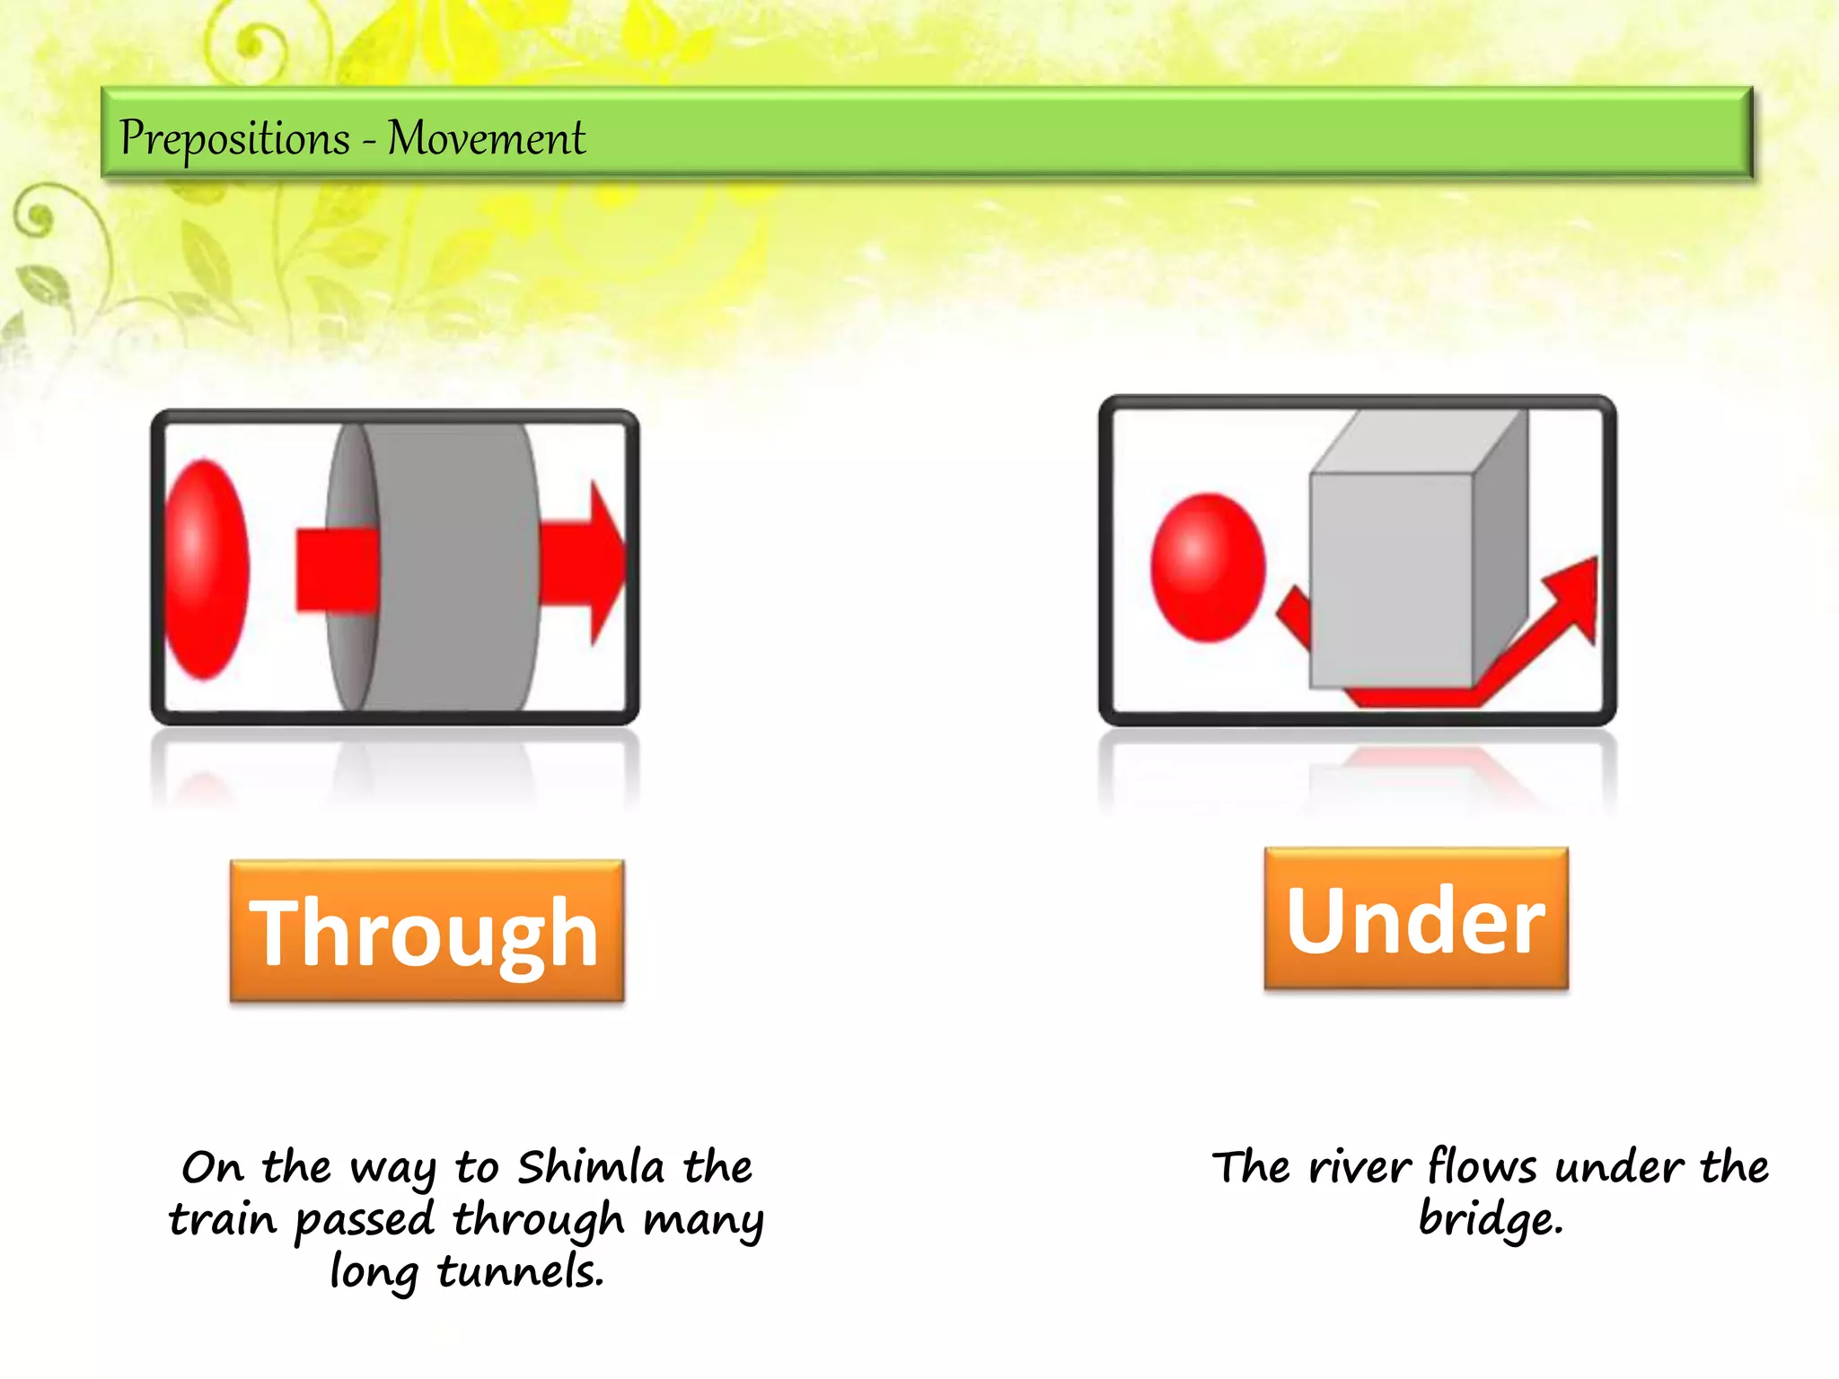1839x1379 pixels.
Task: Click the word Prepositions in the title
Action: click(x=234, y=139)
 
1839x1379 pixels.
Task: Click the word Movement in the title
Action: click(x=486, y=139)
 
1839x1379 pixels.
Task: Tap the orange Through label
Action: click(x=427, y=932)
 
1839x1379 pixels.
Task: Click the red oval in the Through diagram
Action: click(x=207, y=569)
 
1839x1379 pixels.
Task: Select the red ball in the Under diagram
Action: click(x=1208, y=567)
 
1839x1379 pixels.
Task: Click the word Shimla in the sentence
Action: click(x=591, y=1167)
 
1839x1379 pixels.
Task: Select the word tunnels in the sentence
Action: click(x=521, y=1271)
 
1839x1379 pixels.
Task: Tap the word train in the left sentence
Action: click(x=222, y=1219)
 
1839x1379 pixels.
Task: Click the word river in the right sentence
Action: click(x=1359, y=1167)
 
